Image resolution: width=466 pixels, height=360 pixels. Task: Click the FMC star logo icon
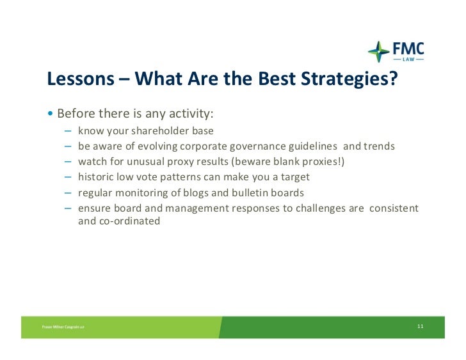379,52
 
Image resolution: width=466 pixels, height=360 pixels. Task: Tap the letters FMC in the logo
408,49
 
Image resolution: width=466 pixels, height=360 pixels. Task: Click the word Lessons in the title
81,79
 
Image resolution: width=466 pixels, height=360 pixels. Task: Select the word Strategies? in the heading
349,79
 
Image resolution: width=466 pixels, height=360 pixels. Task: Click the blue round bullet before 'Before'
50,113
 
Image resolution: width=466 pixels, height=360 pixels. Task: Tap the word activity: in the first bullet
191,114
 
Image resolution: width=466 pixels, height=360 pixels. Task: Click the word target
295,177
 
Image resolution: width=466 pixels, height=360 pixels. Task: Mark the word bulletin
250,192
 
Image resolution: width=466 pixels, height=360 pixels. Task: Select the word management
197,208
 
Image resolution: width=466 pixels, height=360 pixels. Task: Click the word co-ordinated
129,221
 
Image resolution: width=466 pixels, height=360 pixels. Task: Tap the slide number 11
420,326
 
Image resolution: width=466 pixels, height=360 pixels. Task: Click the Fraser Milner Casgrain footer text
63,327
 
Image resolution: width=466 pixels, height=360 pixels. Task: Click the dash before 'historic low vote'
68,177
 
